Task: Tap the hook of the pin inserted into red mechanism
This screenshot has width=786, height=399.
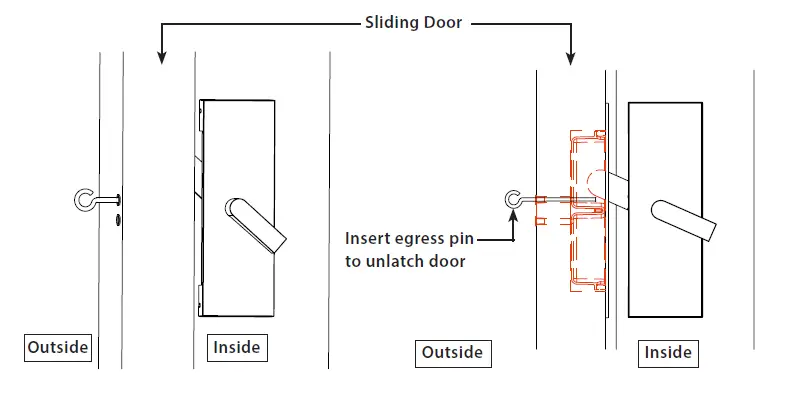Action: tap(514, 200)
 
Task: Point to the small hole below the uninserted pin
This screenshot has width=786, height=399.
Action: tap(118, 217)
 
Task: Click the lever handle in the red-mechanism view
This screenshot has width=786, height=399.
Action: tap(684, 219)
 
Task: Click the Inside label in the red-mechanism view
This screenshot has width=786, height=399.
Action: tap(667, 353)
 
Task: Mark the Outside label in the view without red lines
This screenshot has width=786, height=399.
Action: tap(58, 348)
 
